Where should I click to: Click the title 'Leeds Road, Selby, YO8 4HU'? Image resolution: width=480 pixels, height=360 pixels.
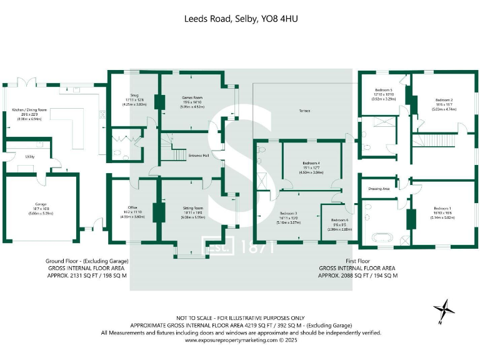pyautogui.click(x=241, y=19)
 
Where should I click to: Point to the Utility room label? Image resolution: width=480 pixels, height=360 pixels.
pyautogui.click(x=29, y=157)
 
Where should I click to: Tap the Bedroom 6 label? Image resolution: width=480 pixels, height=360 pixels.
pyautogui.click(x=339, y=220)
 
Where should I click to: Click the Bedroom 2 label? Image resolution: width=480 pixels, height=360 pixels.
pyautogui.click(x=444, y=99)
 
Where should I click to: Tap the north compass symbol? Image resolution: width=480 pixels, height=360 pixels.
pyautogui.click(x=445, y=309)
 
